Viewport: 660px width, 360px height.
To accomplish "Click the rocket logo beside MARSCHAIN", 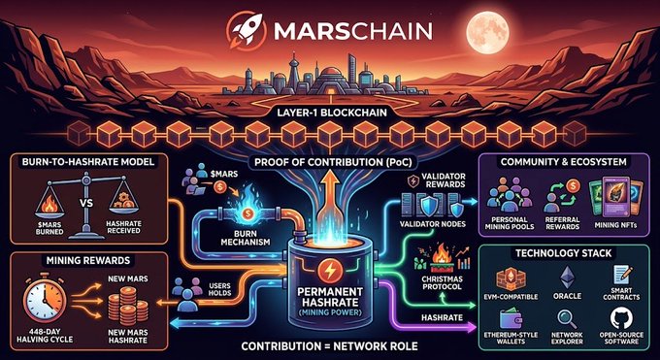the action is [246, 31].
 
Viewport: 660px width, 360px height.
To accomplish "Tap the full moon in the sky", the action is [488, 32].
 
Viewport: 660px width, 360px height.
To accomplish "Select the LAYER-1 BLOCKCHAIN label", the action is [330, 113].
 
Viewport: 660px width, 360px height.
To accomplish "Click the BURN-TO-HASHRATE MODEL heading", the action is [88, 161].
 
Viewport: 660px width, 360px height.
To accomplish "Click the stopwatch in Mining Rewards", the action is [45, 300].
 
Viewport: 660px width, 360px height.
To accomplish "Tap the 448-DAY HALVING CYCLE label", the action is [45, 335].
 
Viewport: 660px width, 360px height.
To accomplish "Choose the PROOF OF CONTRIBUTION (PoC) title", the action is [330, 162].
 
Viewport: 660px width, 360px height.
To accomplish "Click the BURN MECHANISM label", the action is [246, 238].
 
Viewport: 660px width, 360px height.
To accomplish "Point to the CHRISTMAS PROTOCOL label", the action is [442, 283].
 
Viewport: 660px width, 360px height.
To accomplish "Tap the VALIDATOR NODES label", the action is [433, 224].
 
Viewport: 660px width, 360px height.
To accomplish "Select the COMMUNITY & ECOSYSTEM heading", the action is [564, 162].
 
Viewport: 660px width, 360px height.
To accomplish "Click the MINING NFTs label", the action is [615, 225].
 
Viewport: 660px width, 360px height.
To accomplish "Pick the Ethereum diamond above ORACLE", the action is [567, 278].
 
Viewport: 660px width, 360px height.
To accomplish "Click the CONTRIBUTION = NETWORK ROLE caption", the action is [330, 346].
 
